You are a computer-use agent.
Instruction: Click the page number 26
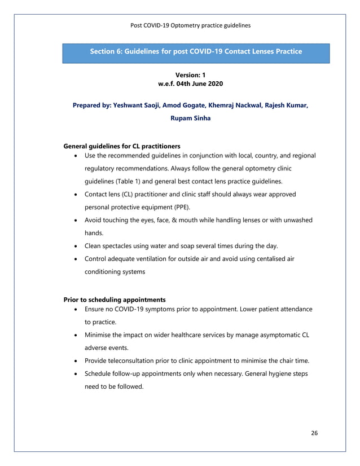click(314, 433)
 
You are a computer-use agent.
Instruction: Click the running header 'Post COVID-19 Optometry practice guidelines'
click(191, 25)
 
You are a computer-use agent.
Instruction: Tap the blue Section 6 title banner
click(196, 52)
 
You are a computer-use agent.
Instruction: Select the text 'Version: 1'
click(191, 74)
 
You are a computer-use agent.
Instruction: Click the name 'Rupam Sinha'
click(191, 118)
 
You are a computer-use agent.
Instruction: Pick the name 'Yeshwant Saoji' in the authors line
click(138, 105)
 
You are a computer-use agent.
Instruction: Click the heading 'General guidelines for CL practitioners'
click(122, 146)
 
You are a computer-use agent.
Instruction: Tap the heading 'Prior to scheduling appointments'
click(115, 300)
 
